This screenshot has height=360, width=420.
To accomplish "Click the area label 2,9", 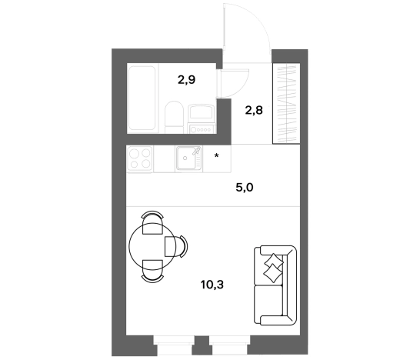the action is tap(187, 80).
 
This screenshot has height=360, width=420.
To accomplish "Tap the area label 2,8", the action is tap(254, 110).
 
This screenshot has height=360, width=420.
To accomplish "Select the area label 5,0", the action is tap(245, 188).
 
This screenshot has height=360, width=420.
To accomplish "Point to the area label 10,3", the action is tap(212, 285).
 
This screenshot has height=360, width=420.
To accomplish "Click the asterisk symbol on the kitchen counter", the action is tap(216, 155).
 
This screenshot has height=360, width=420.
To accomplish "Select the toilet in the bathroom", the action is tap(174, 117).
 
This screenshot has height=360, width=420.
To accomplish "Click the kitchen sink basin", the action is tap(185, 158).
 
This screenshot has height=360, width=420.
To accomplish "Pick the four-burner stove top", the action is tap(139, 158).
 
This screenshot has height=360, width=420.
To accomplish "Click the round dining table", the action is tap(152, 246).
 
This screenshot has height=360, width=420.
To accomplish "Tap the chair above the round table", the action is tap(152, 222).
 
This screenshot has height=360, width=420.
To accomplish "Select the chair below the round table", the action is tap(152, 271).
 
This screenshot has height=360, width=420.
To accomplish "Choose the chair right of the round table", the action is tap(176, 246).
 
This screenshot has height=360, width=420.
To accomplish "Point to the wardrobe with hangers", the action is tap(286, 104).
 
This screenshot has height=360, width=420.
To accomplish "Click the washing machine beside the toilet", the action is tap(202, 119).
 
